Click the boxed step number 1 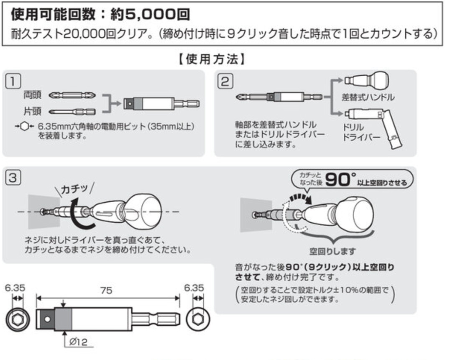[x=13, y=81]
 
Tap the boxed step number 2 [x=225, y=81]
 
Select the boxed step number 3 [x=13, y=177]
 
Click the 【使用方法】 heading [x=212, y=59]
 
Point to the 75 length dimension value [x=106, y=290]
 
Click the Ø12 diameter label [x=78, y=342]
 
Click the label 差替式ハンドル [x=368, y=97]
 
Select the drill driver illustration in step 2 [x=374, y=127]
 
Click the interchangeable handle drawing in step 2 [x=366, y=80]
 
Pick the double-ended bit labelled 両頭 [x=72, y=95]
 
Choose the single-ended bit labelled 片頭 [x=72, y=112]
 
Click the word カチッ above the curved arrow [x=74, y=189]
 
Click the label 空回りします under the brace [x=332, y=251]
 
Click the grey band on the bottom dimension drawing [x=63, y=319]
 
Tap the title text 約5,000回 [x=150, y=14]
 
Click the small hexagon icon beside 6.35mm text [x=25, y=126]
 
